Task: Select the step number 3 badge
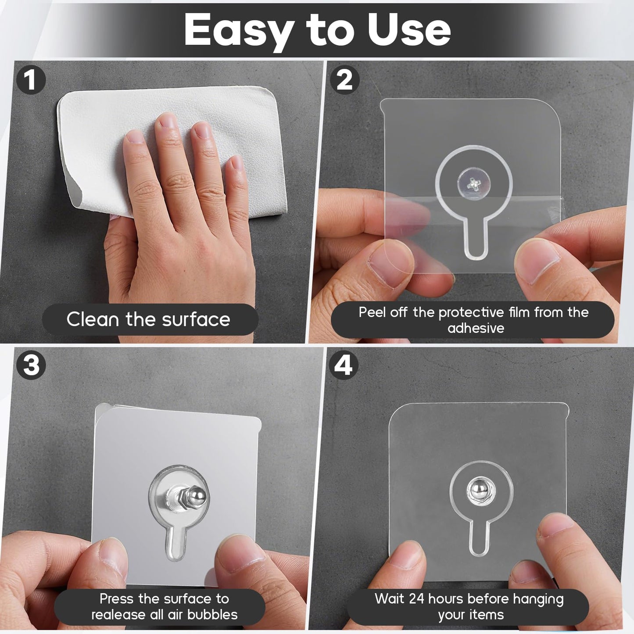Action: point(31,364)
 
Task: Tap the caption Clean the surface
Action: point(148,319)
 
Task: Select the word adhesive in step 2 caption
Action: point(476,328)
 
